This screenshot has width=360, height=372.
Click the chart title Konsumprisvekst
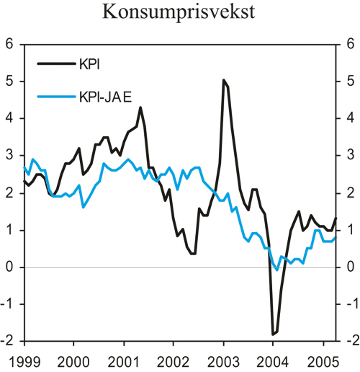click(x=179, y=12)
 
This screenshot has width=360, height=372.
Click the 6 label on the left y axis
click(x=9, y=44)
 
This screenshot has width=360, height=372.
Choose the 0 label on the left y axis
click(x=9, y=267)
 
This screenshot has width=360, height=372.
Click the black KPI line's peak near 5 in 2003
click(x=224, y=80)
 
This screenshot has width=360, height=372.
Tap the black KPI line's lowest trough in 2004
click(x=273, y=335)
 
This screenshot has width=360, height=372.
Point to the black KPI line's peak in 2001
click(x=140, y=107)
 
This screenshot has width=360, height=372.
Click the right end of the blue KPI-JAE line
click(x=336, y=237)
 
